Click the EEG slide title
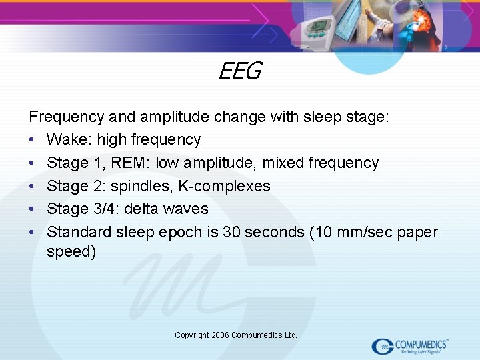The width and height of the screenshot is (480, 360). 239,71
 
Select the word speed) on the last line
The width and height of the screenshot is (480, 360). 71,252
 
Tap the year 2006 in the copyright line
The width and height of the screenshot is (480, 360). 221,335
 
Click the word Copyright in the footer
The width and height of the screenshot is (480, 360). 192,335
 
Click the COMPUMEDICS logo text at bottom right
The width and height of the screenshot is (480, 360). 421,344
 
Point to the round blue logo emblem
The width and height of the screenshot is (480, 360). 383,346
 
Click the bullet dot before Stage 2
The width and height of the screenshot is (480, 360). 33,187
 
